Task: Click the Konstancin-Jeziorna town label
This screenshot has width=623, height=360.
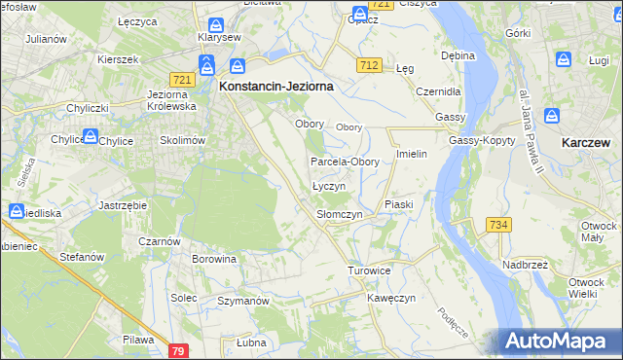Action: [x=276, y=86]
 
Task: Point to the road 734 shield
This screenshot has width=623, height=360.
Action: [x=498, y=225]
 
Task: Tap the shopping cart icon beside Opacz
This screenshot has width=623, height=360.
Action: [x=359, y=15]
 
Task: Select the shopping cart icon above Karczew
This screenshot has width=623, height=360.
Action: [x=555, y=118]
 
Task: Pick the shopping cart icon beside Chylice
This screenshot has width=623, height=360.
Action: [x=90, y=139]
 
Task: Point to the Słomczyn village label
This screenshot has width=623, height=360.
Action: [x=340, y=214]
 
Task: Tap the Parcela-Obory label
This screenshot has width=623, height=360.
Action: [x=345, y=162]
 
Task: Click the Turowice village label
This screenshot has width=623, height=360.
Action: [x=369, y=270]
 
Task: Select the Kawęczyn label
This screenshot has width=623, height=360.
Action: [x=391, y=298]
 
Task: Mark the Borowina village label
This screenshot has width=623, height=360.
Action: [x=214, y=260]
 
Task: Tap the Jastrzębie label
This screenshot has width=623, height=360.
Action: [x=123, y=206]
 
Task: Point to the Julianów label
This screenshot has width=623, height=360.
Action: [x=46, y=39]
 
